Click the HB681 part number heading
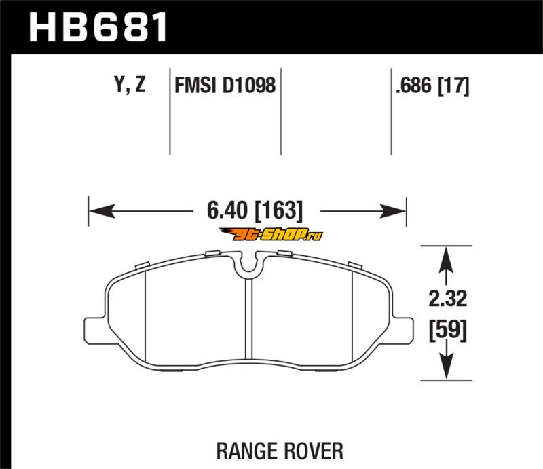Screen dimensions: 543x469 98,27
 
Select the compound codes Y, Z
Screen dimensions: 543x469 130,85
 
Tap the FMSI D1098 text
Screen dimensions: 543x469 225,86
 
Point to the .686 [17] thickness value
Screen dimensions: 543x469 432,86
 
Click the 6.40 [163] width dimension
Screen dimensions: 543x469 255,210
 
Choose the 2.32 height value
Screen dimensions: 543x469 448,299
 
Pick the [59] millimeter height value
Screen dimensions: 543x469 448,330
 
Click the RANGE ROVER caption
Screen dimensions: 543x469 280,451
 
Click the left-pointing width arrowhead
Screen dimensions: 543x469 102,211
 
